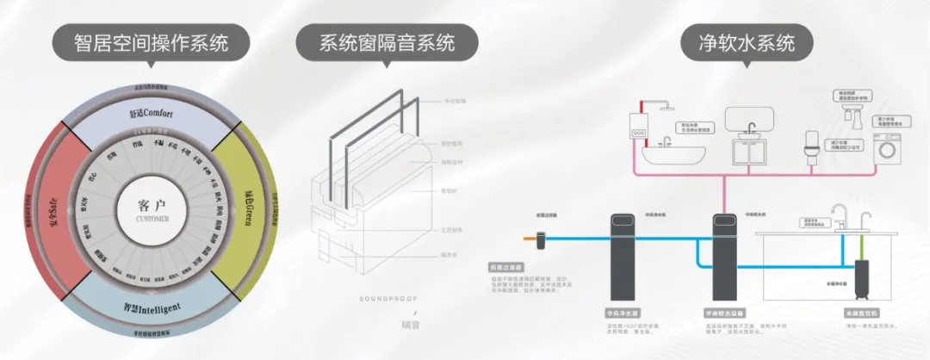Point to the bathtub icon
coord(666,153)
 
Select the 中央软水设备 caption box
coord(721,314)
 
